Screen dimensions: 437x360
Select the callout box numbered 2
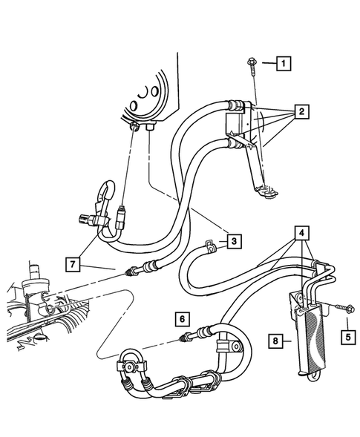[x=301, y=113]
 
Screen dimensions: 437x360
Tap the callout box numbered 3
[x=234, y=240]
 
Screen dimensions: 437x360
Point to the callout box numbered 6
[x=180, y=319]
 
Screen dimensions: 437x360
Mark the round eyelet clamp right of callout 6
[x=235, y=346]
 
